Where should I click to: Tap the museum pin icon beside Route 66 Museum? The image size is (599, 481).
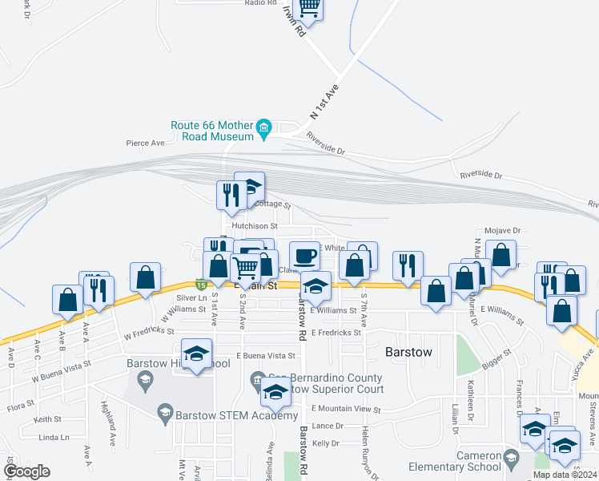(x=263, y=127)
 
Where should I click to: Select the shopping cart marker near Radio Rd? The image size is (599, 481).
(x=309, y=8)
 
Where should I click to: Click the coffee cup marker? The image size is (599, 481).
(x=304, y=256)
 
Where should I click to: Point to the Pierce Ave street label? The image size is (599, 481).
(x=145, y=143)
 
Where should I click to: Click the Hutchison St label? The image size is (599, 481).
(x=254, y=226)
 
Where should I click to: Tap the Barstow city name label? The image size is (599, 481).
(x=408, y=352)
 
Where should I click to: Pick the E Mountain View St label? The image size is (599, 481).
(x=346, y=409)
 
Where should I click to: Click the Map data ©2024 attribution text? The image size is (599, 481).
(x=564, y=475)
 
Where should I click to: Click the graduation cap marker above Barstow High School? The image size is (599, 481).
(x=196, y=354)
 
